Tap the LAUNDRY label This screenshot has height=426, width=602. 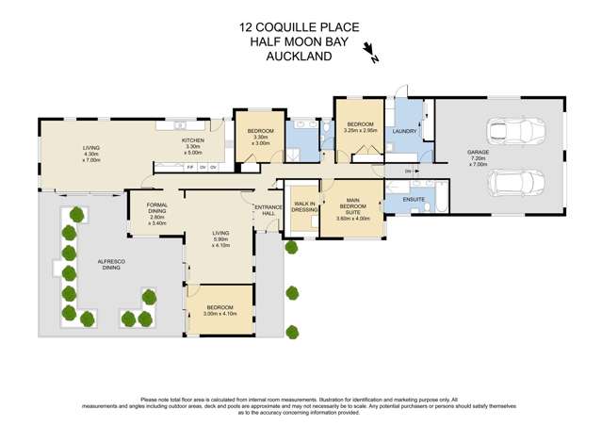click(404, 132)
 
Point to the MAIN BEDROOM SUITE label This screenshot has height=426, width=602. click(353, 204)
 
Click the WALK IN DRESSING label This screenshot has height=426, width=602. click(304, 206)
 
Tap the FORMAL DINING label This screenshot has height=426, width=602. click(157, 210)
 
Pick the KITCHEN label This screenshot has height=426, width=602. click(193, 139)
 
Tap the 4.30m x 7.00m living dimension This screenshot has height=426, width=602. click(91, 156)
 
